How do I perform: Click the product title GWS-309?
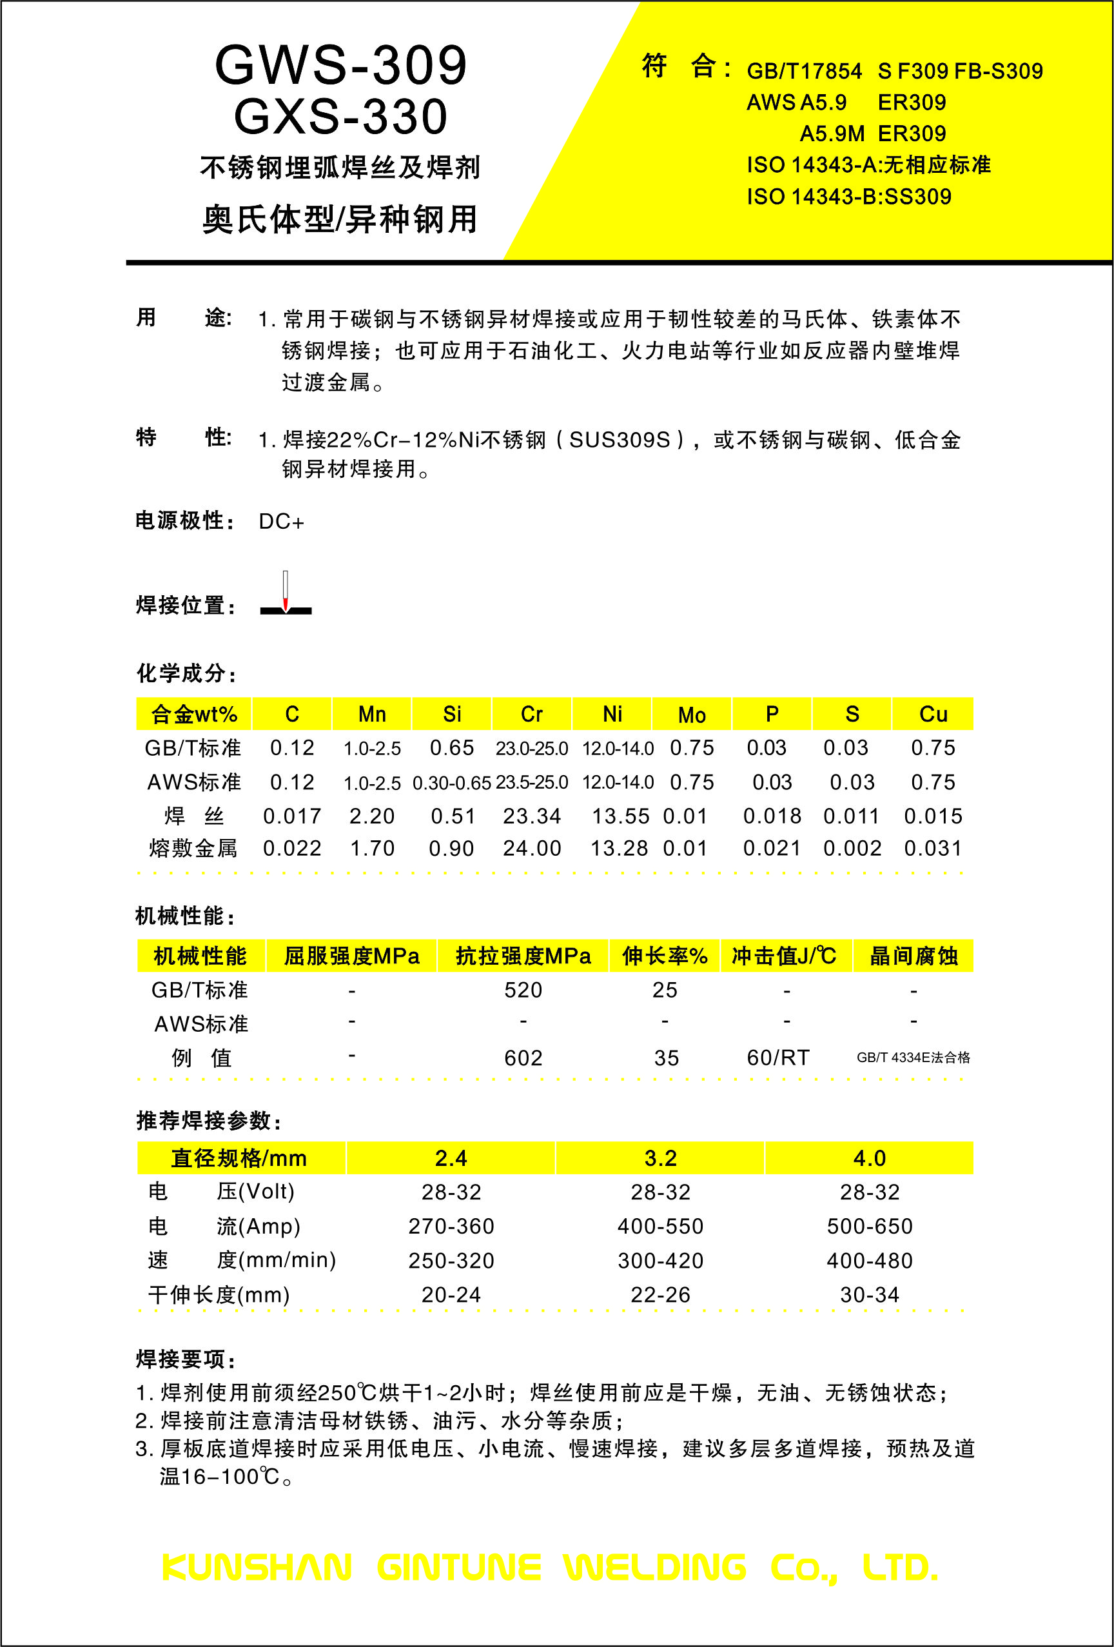(x=341, y=66)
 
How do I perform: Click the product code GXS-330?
(x=341, y=116)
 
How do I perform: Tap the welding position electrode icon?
(x=286, y=593)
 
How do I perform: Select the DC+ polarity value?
(x=281, y=522)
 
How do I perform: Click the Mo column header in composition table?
(x=692, y=715)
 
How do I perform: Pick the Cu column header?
(x=933, y=715)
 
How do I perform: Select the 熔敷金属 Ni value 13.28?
(x=619, y=848)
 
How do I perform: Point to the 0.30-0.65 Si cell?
(x=451, y=783)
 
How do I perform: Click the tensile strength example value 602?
(x=523, y=1058)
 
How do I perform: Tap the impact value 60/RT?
(x=777, y=1058)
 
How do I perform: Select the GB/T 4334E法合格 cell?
(x=913, y=1058)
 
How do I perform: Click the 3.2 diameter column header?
(x=660, y=1158)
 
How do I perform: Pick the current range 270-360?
(x=451, y=1226)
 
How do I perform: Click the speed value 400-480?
(x=869, y=1261)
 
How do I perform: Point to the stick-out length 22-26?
(x=660, y=1295)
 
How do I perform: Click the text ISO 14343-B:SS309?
(x=848, y=196)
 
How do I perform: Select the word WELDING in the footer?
(x=655, y=1568)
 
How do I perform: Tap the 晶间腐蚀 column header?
(x=913, y=956)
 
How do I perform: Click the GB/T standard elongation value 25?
(x=664, y=990)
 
